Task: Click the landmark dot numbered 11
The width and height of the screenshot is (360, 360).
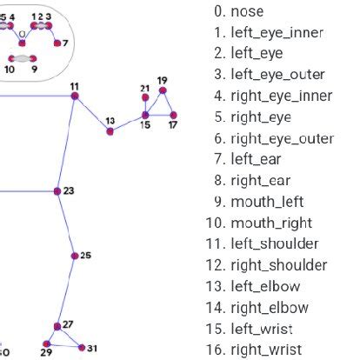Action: click(x=75, y=97)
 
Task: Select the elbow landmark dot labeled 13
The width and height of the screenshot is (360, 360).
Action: click(x=110, y=131)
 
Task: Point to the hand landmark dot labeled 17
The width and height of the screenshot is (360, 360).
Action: click(x=174, y=115)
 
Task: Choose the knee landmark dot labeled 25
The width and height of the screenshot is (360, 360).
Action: click(x=74, y=256)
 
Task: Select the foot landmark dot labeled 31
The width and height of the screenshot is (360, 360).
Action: click(x=83, y=347)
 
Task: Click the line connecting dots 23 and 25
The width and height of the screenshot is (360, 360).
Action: click(x=66, y=223)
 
